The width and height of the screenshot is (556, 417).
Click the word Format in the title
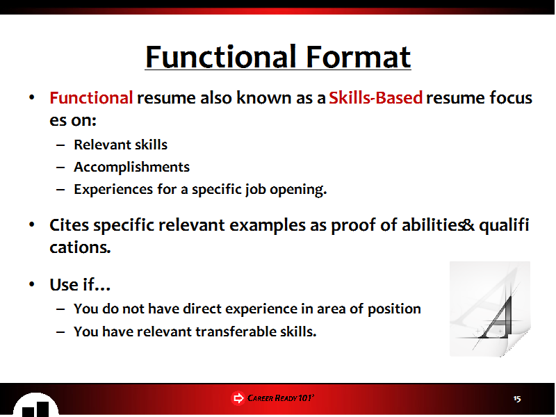pyautogui.click(x=358, y=57)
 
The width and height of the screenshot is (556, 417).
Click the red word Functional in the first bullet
pyautogui.click(x=91, y=97)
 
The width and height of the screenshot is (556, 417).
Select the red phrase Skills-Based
pyautogui.click(x=376, y=97)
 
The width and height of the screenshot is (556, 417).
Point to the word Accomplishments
pyautogui.click(x=131, y=167)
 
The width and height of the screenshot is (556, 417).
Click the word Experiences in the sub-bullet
pyautogui.click(x=113, y=189)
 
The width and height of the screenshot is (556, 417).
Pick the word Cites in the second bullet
pyautogui.click(x=69, y=224)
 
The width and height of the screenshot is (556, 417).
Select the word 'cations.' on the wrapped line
pyautogui.click(x=80, y=247)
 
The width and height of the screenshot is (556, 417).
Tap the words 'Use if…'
pyautogui.click(x=80, y=284)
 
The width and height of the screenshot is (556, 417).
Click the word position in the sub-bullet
pyautogui.click(x=394, y=309)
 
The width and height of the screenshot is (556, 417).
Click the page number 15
pyautogui.click(x=517, y=398)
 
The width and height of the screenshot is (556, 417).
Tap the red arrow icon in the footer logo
pyautogui.click(x=238, y=398)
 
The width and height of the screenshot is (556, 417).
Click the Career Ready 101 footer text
pyautogui.click(x=281, y=398)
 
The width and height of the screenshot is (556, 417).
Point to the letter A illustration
pyautogui.click(x=490, y=309)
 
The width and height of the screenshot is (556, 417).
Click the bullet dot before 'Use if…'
pyautogui.click(x=32, y=284)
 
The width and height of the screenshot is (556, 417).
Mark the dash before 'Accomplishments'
pyautogui.click(x=60, y=167)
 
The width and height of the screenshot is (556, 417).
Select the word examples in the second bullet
pyautogui.click(x=268, y=225)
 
